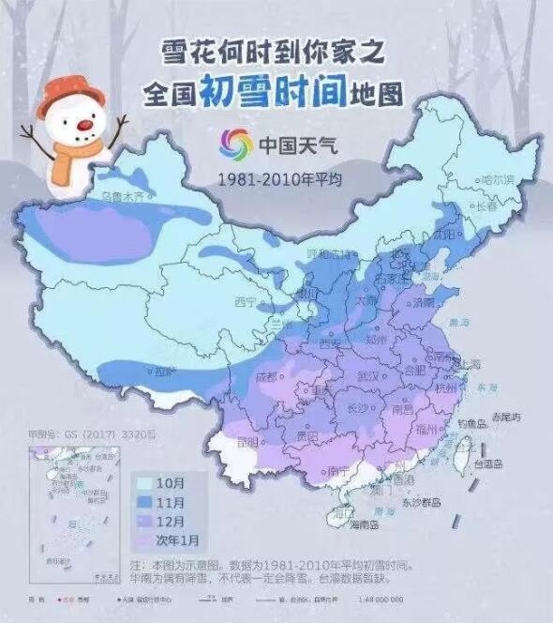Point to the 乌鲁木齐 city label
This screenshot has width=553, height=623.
[126, 198]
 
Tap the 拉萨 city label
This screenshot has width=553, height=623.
[166, 372]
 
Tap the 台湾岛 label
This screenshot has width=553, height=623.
[486, 463]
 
